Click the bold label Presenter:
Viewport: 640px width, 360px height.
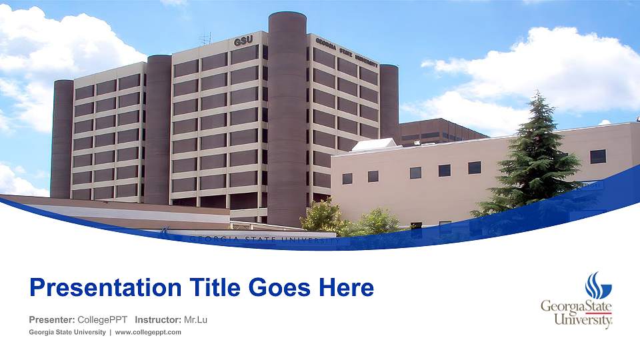[51, 320]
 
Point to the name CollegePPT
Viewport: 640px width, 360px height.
[103, 320]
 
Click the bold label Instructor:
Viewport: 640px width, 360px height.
[157, 320]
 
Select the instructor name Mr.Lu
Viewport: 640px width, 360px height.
[195, 320]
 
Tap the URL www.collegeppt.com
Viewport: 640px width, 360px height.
[148, 333]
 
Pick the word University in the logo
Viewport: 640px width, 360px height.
[583, 321]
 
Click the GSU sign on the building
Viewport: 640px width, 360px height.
[243, 41]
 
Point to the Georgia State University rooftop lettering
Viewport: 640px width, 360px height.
[347, 51]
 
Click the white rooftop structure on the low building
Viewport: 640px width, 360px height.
[374, 144]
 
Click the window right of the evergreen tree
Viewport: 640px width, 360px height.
[598, 156]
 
